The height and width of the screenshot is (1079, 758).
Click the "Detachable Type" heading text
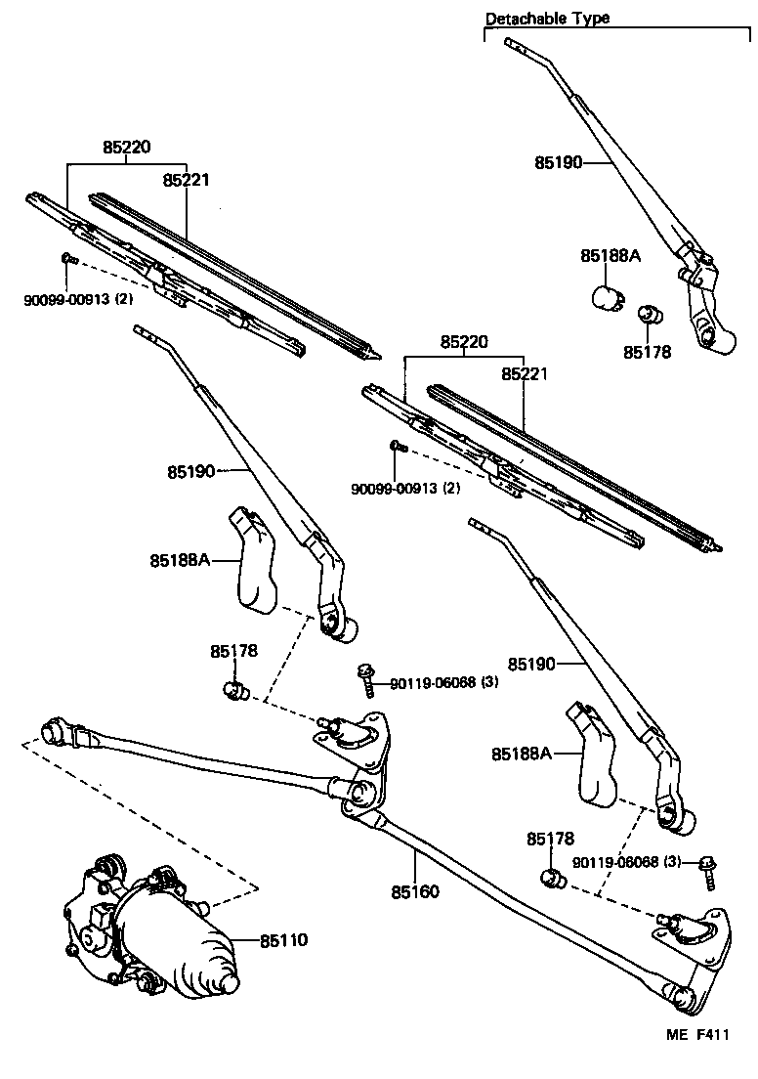click(547, 18)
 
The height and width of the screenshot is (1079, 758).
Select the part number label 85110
click(284, 940)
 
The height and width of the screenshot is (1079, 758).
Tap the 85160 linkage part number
click(415, 892)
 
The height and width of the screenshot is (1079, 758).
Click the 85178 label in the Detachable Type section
click(647, 352)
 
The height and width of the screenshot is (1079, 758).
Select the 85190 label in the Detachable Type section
click(558, 162)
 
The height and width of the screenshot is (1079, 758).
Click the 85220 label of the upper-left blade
click(127, 148)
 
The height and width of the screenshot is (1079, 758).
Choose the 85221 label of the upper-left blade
click(187, 180)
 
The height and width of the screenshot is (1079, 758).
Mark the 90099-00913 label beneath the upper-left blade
click(78, 299)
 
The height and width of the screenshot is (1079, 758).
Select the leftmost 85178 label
click(233, 650)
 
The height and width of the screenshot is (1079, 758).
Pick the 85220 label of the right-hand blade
click(464, 342)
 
